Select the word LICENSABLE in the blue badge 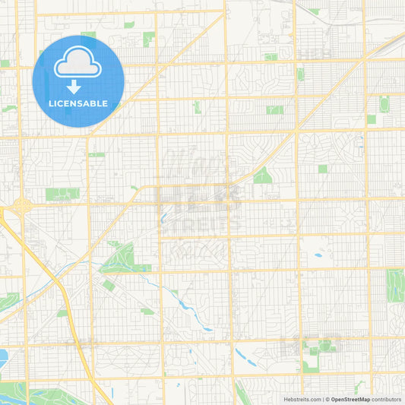[x=78, y=103]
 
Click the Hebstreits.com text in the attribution [x=302, y=399]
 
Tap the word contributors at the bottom [x=386, y=399]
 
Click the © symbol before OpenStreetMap [x=327, y=399]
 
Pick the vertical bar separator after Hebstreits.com [x=322, y=399]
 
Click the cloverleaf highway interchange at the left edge [x=21, y=206]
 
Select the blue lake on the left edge [x=3, y=356]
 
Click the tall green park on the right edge [x=395, y=285]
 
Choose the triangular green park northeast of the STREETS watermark [x=263, y=176]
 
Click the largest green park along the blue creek [x=118, y=260]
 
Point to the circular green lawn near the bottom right [x=326, y=346]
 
